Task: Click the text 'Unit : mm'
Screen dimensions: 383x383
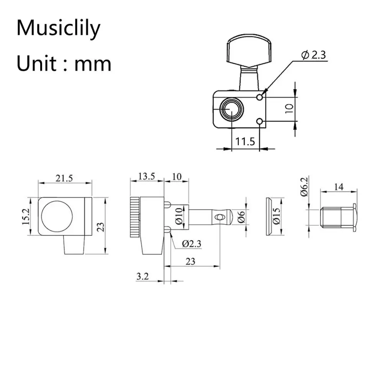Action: pyautogui.click(x=64, y=64)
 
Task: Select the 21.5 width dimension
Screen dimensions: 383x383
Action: pyautogui.click(x=65, y=178)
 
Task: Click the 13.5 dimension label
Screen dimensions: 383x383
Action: pyautogui.click(x=147, y=176)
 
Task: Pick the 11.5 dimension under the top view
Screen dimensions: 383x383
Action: pyautogui.click(x=245, y=142)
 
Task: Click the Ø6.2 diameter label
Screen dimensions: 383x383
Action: pyautogui.click(x=304, y=187)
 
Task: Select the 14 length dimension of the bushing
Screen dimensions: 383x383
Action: pyautogui.click(x=339, y=187)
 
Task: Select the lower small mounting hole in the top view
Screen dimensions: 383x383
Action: pyautogui.click(x=260, y=122)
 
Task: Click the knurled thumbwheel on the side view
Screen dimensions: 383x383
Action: pyautogui.click(x=135, y=216)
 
